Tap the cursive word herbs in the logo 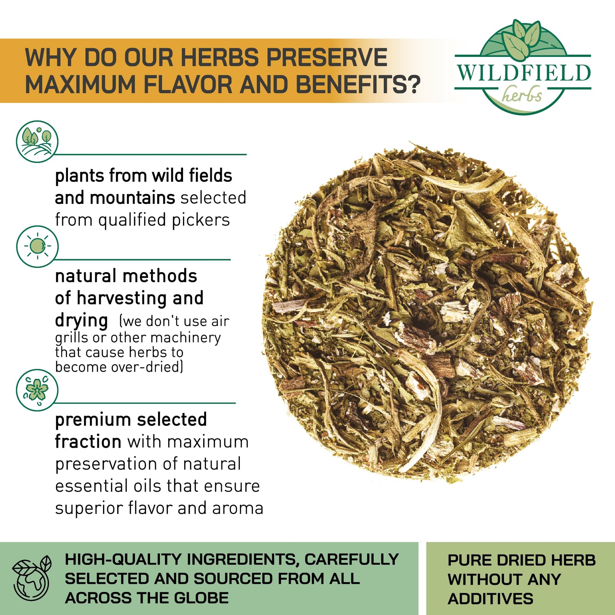pos(522,95)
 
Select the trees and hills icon pos(37,142)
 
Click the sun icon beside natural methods pos(37,247)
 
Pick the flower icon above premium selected pos(37,390)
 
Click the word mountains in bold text pos(132,198)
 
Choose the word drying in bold pos(82,321)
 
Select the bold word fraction pos(88,441)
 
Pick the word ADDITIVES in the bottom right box pos(490,599)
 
